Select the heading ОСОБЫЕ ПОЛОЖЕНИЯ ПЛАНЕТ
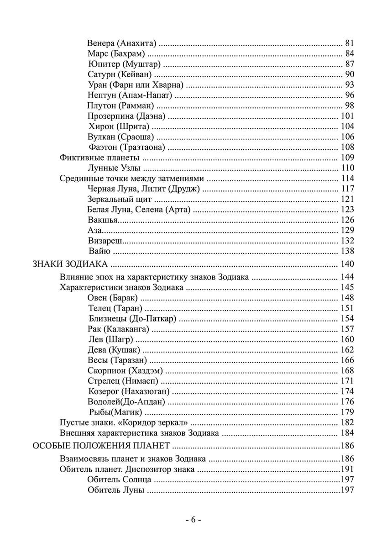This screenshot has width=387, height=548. coord(102,446)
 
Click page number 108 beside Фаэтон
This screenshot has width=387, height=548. coord(347,147)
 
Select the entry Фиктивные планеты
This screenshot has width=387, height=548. coord(99,158)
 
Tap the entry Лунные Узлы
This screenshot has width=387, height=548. coord(114,168)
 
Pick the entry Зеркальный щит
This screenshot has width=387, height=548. coord(120,199)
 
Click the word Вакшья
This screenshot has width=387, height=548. coord(103,220)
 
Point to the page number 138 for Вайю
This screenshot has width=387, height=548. coord(347,251)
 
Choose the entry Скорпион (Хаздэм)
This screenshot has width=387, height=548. coord(125,370)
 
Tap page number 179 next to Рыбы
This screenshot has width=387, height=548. coord(347,412)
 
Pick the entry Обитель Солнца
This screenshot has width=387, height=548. coord(119,479)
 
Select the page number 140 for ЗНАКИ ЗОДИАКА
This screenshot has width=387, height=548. coord(347,264)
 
